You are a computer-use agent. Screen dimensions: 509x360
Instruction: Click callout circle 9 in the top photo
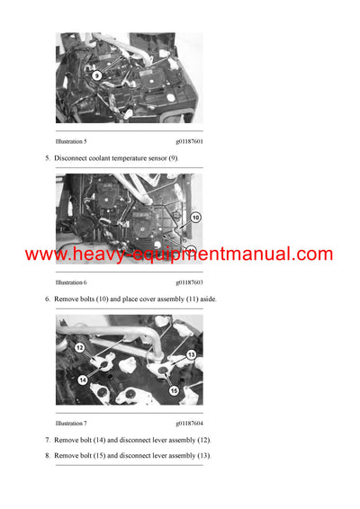tap(96, 76)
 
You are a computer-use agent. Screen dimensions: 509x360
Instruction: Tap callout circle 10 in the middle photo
tap(196, 218)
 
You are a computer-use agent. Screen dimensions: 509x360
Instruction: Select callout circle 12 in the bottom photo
tap(78, 347)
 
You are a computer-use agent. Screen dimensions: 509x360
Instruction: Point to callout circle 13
tap(191, 355)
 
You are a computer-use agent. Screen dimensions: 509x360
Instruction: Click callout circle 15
tap(173, 390)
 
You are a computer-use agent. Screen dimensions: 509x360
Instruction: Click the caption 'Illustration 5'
tap(71, 141)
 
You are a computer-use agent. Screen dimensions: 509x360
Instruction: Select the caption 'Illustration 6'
tap(71, 282)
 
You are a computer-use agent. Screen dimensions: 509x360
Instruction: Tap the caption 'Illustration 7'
tap(71, 423)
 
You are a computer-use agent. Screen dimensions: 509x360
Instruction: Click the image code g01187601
tap(189, 141)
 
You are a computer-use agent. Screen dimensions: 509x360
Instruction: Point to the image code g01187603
tap(189, 282)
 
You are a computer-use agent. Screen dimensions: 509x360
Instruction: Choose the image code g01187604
tap(189, 423)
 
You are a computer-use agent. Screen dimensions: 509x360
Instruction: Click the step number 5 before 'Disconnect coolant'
tap(48, 158)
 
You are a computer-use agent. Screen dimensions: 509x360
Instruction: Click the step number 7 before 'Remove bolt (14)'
tap(48, 440)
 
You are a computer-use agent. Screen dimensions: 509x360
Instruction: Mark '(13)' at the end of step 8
tap(202, 456)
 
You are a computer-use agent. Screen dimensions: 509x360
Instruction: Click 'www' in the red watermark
tap(43, 254)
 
